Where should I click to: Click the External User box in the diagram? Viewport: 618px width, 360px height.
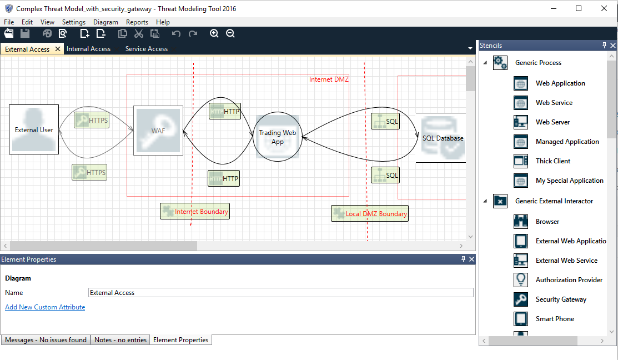tap(34, 129)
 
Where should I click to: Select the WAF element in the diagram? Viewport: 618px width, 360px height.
tap(158, 131)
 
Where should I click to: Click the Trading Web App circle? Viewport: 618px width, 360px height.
tap(278, 137)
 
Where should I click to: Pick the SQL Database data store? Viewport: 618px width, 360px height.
tap(441, 138)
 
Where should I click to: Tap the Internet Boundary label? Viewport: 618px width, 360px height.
tap(195, 211)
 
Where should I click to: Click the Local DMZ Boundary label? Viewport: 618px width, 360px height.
tap(370, 214)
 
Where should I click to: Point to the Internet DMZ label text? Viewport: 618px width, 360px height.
tap(329, 79)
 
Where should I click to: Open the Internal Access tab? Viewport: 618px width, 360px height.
tap(89, 49)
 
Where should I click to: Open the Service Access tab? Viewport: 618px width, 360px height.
tap(147, 49)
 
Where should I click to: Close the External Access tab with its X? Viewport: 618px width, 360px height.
tap(58, 49)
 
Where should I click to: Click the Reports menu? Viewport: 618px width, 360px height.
tap(137, 22)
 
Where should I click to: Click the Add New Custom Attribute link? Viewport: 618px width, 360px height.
tap(45, 307)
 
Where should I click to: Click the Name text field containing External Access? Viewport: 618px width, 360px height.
tap(280, 293)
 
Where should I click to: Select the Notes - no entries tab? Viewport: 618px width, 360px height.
tap(120, 340)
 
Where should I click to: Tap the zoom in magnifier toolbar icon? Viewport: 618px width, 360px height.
tap(214, 33)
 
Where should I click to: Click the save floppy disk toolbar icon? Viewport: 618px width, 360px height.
tap(25, 33)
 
